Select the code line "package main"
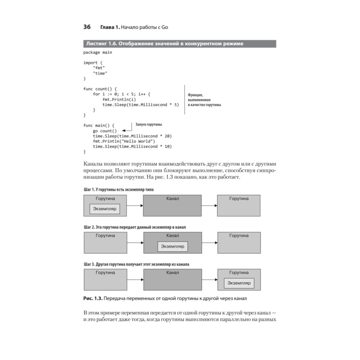tap(98, 53)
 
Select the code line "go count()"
tap(105, 131)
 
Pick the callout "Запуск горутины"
tap(148, 125)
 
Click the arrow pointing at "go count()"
tap(126, 131)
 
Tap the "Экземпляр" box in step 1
tap(105, 209)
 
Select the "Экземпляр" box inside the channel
tap(172, 246)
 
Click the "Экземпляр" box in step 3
tap(239, 283)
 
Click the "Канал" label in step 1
tap(172, 199)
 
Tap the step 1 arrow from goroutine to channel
tap(135, 206)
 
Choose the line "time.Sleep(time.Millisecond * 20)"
tap(132, 136)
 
